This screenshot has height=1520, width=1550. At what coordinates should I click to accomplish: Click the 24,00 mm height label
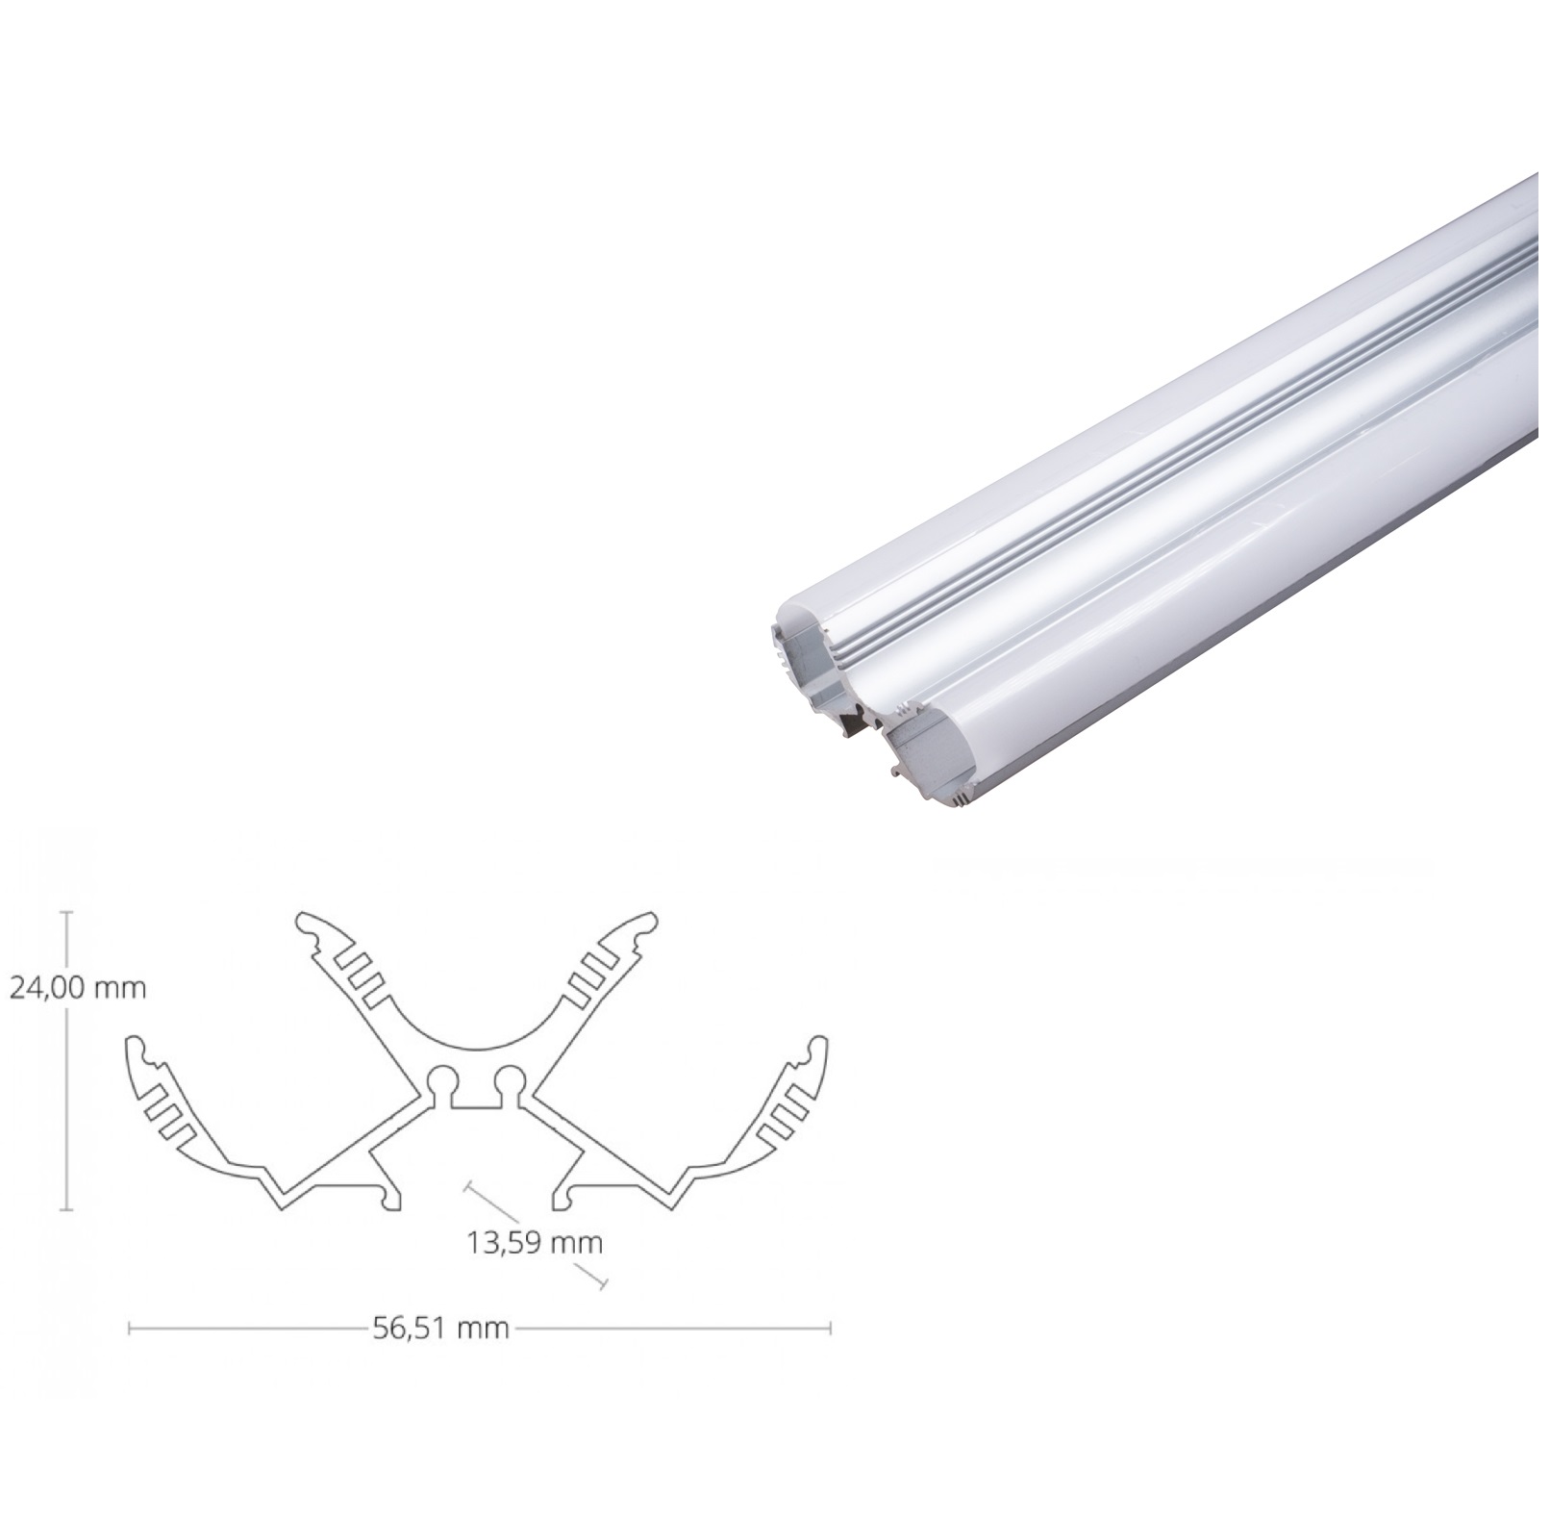pyautogui.click(x=77, y=988)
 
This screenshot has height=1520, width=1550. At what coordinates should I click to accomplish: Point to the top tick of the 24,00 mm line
pyautogui.click(x=66, y=912)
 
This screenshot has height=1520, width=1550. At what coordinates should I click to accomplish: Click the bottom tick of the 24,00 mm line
pyautogui.click(x=66, y=1209)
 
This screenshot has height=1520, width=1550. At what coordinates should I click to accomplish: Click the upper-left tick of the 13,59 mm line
pyautogui.click(x=467, y=1189)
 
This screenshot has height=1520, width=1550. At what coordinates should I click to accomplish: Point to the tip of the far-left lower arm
pyautogui.click(x=136, y=1046)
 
